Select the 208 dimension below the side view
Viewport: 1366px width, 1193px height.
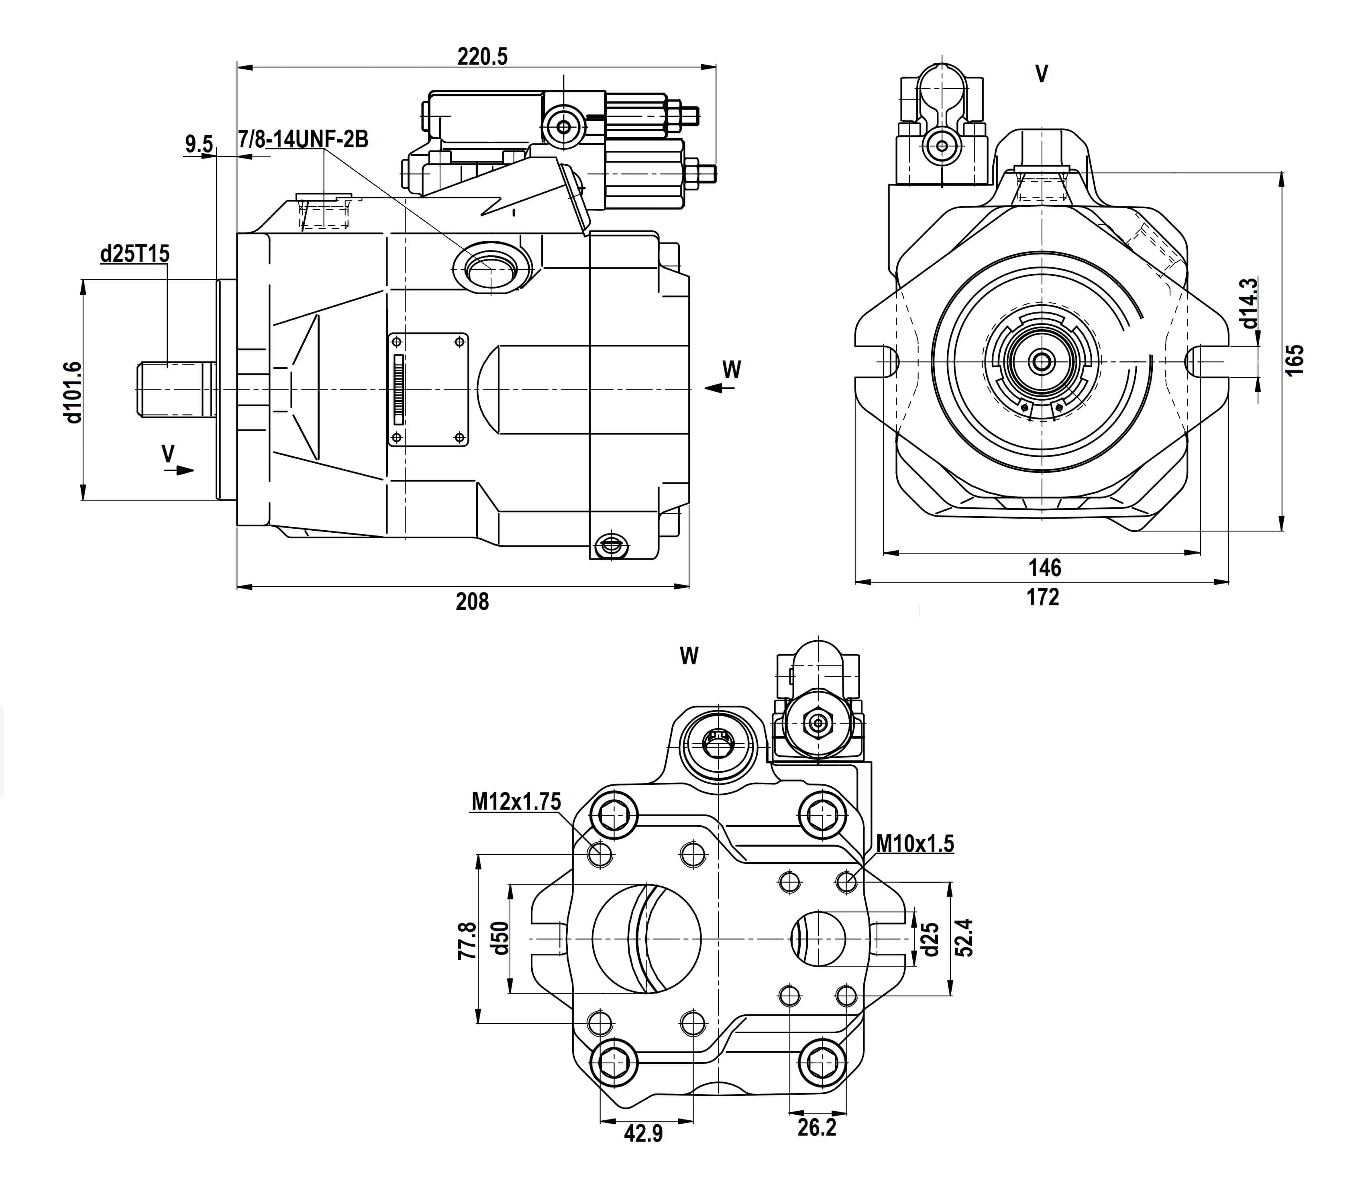(x=472, y=602)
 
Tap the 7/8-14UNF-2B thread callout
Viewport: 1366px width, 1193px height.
(x=303, y=140)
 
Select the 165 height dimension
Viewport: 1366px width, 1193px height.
(x=1294, y=360)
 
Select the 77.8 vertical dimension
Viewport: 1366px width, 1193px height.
(x=467, y=940)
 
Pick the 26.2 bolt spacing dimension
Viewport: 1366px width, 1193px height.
(x=817, y=1128)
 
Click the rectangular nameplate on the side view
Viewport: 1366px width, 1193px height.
(x=428, y=389)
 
